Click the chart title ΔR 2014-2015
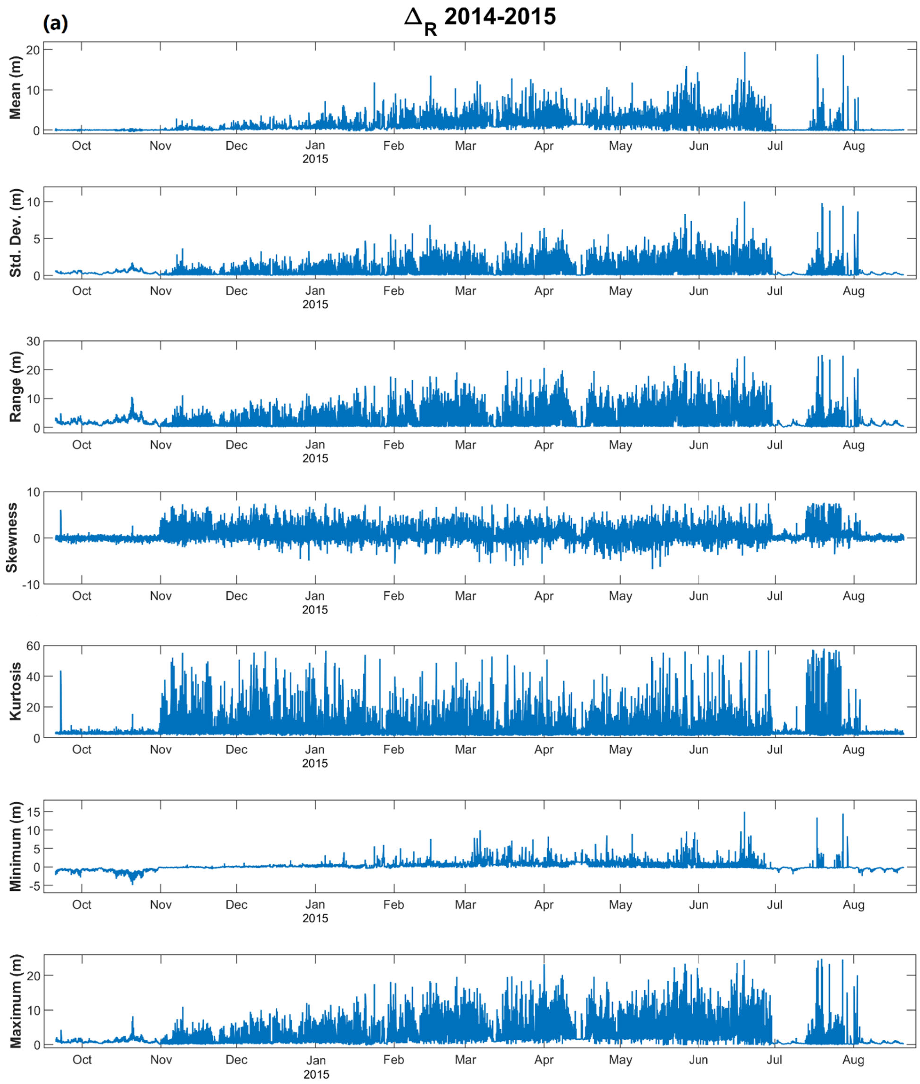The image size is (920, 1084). [x=480, y=19]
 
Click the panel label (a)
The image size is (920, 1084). [x=55, y=24]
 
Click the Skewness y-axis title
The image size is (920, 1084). [x=12, y=538]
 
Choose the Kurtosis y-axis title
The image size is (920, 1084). [x=16, y=692]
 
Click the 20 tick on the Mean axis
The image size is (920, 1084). [x=33, y=50]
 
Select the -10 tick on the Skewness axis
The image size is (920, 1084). [x=30, y=585]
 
